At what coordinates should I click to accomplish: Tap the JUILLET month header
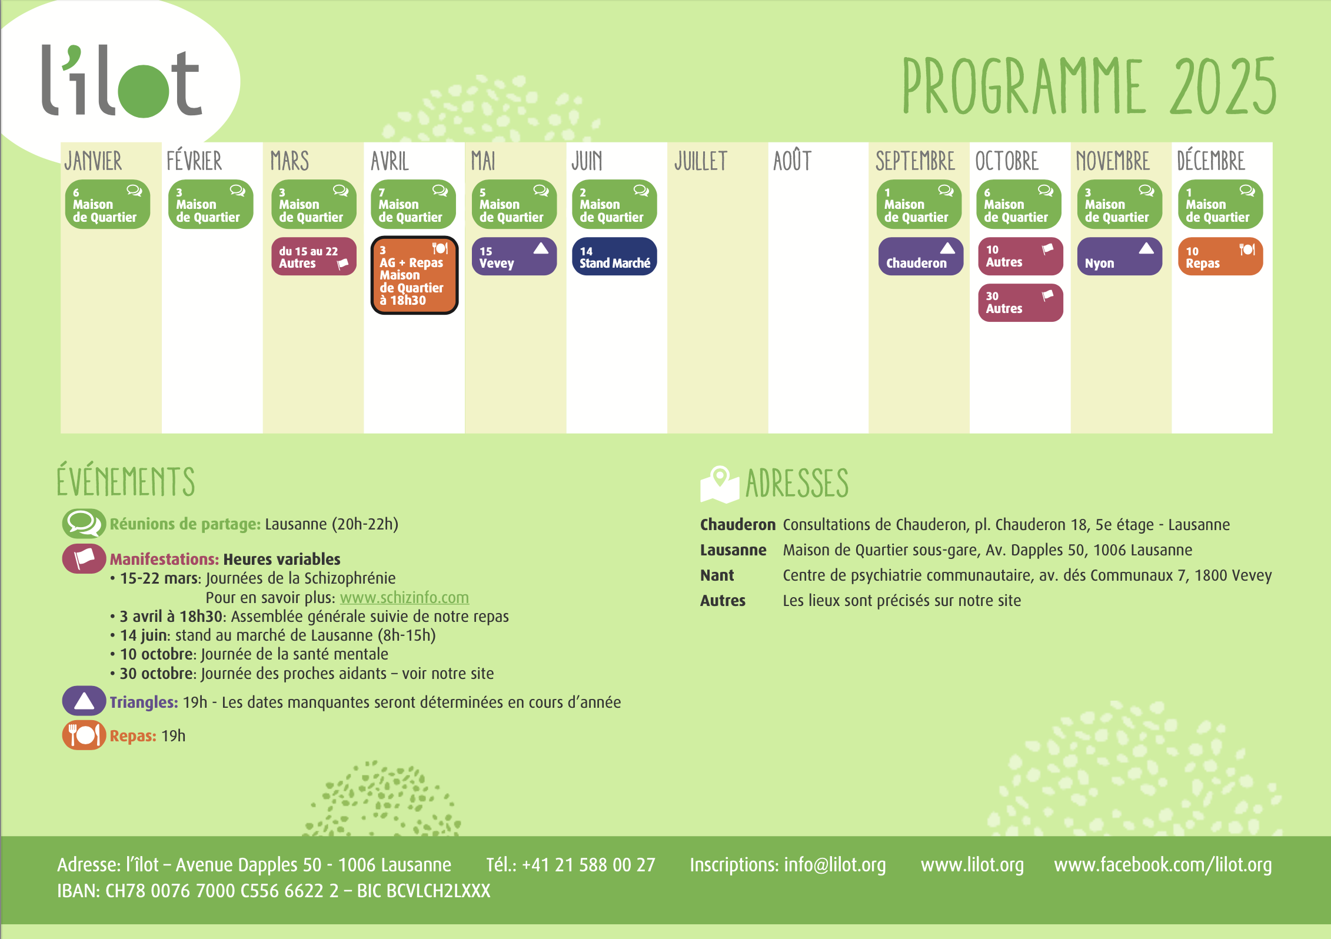pos(701,161)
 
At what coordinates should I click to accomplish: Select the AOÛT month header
pos(792,161)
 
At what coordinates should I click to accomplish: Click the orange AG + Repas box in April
pos(414,275)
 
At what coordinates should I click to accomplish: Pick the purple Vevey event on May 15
pos(514,257)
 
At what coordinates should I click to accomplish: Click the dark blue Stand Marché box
pos(614,257)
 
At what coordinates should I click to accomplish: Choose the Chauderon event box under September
pos(920,257)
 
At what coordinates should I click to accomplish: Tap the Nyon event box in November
pos(1120,257)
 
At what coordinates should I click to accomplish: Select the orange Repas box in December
pos(1220,257)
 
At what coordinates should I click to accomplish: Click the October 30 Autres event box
pos(1020,302)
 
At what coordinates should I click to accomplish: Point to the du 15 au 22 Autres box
pos(314,257)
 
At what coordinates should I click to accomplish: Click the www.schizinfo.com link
pos(404,598)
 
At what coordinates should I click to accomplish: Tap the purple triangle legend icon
pos(84,701)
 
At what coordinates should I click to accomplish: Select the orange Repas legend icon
pos(84,735)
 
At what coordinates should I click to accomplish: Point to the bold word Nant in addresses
pos(717,575)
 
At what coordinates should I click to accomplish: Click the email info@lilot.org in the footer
pos(834,864)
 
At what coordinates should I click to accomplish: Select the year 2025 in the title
pos(1223,87)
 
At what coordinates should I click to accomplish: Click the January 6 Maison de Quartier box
pos(108,204)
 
